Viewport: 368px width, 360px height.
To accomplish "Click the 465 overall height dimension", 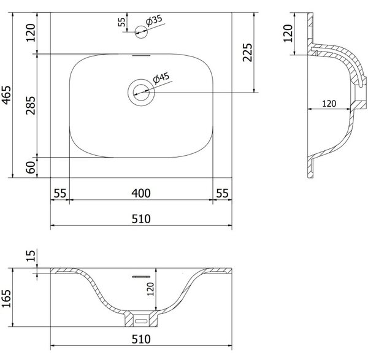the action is click(x=7, y=95).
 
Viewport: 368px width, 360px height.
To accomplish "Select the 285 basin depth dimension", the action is click(x=31, y=105).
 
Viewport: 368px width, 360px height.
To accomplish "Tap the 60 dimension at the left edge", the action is click(x=31, y=167).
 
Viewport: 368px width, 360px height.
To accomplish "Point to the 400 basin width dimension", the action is click(x=141, y=193).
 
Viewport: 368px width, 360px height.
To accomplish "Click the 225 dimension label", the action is click(x=247, y=52).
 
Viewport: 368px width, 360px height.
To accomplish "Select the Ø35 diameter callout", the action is click(x=154, y=20).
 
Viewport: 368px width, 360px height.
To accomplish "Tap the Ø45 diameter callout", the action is click(x=161, y=78).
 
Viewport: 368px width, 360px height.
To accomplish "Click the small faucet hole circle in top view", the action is click(x=141, y=32).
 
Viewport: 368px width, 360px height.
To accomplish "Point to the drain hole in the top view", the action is click(x=141, y=92).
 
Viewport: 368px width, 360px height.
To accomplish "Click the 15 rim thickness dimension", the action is click(x=31, y=256).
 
